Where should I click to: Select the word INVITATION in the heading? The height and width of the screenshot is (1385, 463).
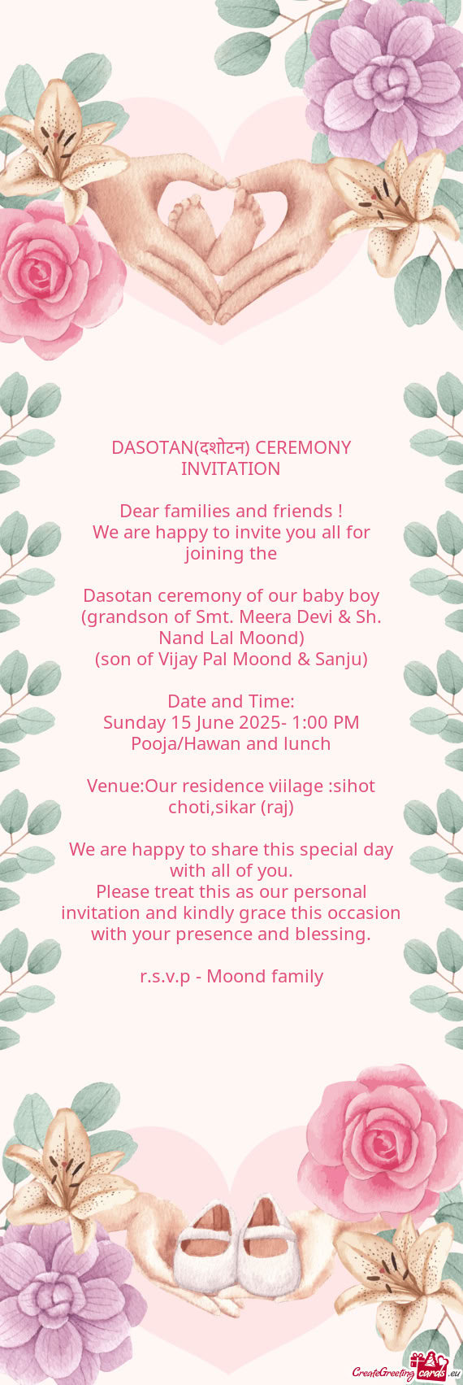click(231, 468)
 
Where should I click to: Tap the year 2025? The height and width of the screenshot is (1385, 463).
click(256, 722)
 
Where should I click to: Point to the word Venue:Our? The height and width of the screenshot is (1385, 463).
click(133, 786)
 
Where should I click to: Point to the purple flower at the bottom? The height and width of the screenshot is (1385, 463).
click(61, 1301)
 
